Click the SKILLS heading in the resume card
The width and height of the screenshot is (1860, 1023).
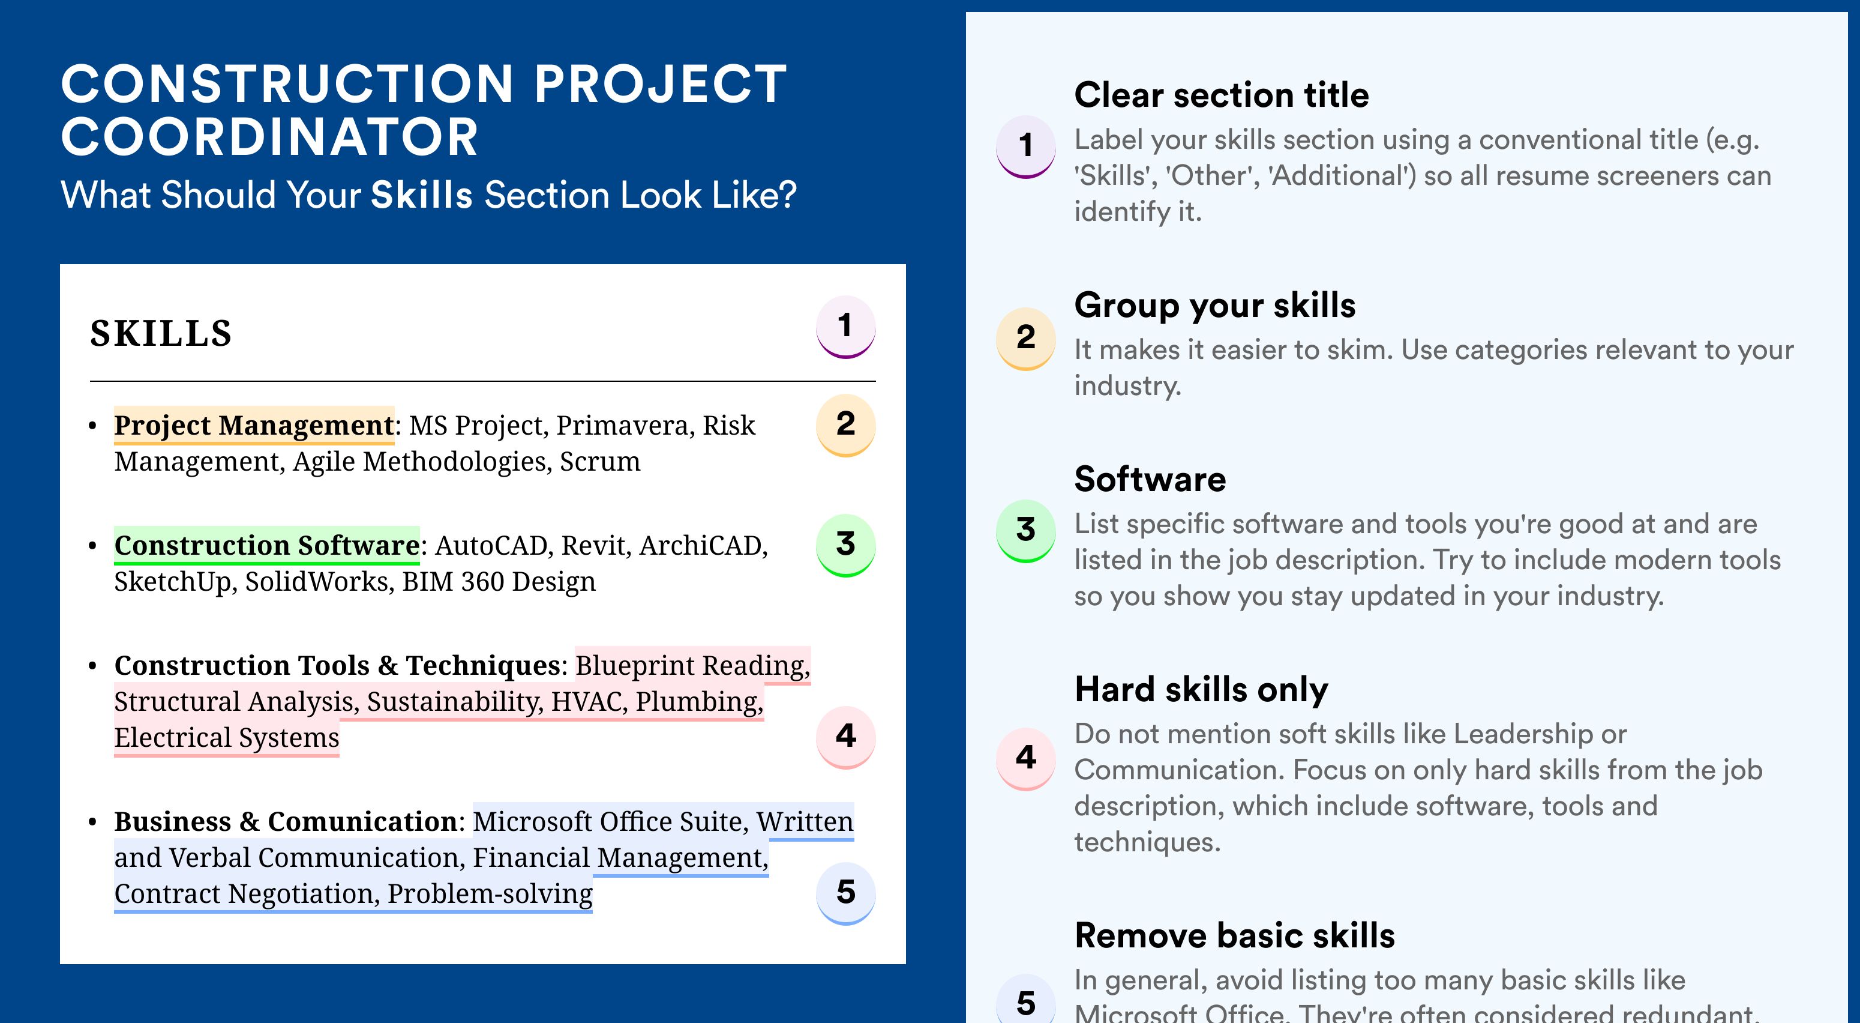pyautogui.click(x=161, y=333)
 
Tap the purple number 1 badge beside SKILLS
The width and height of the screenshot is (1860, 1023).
pyautogui.click(x=845, y=327)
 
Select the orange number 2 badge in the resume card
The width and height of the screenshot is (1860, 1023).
pyautogui.click(x=845, y=425)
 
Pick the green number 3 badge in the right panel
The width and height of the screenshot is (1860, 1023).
pyautogui.click(x=1026, y=530)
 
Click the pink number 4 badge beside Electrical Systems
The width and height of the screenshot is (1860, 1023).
pyautogui.click(x=845, y=737)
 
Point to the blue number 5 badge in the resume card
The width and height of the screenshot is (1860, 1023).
pyautogui.click(x=845, y=893)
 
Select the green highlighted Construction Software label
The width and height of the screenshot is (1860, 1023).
pyautogui.click(x=266, y=546)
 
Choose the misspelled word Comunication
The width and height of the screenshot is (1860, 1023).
pyautogui.click(x=362, y=821)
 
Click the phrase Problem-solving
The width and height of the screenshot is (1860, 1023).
pyautogui.click(x=490, y=894)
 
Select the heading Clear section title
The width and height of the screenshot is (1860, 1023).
pyautogui.click(x=1221, y=95)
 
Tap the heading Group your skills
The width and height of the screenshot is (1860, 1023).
pyautogui.click(x=1214, y=306)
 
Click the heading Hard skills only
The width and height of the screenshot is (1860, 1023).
pyautogui.click(x=1201, y=690)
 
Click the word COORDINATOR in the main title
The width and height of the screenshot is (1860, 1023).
pyautogui.click(x=269, y=137)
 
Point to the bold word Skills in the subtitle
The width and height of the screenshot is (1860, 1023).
pyautogui.click(x=422, y=195)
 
